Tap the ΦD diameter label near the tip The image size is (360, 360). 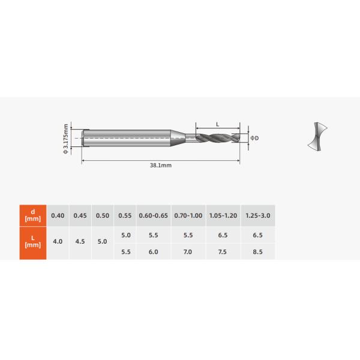click(x=254, y=138)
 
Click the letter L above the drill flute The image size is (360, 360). click(x=217, y=124)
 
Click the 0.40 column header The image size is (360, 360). click(x=58, y=215)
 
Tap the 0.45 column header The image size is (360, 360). click(x=80, y=215)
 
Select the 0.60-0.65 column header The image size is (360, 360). click(x=153, y=215)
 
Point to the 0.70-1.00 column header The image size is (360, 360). click(x=188, y=215)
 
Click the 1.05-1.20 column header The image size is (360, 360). click(x=223, y=215)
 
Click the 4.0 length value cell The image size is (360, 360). click(x=58, y=242)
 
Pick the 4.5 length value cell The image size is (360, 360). click(x=80, y=242)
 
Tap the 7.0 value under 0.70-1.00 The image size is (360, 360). click(x=188, y=252)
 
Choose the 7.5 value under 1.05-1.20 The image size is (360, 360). click(x=223, y=252)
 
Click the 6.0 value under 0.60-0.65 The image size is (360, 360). click(x=153, y=252)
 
